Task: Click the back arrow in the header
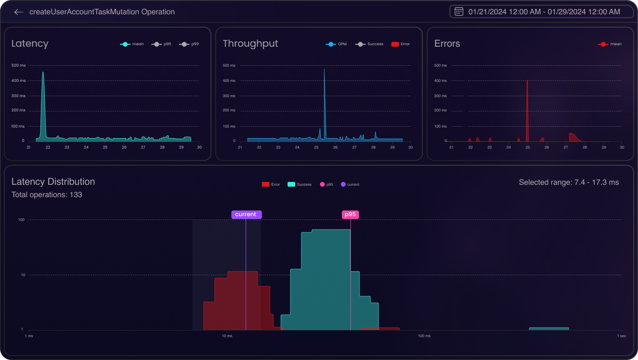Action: click(19, 12)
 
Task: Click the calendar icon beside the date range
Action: click(459, 11)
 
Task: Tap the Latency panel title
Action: click(30, 43)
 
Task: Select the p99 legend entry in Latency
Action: click(189, 44)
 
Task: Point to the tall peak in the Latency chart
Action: click(43, 74)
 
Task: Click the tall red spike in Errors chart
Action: click(527, 82)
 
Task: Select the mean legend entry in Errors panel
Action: click(610, 44)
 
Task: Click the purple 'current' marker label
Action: click(246, 214)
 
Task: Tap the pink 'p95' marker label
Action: click(350, 214)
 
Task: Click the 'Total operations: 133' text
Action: click(47, 194)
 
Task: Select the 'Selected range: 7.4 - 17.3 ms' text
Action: click(568, 182)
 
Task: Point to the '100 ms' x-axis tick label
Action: click(424, 336)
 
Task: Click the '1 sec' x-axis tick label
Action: click(622, 336)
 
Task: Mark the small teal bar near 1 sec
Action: click(549, 329)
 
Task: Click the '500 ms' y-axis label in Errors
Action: click(440, 65)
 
